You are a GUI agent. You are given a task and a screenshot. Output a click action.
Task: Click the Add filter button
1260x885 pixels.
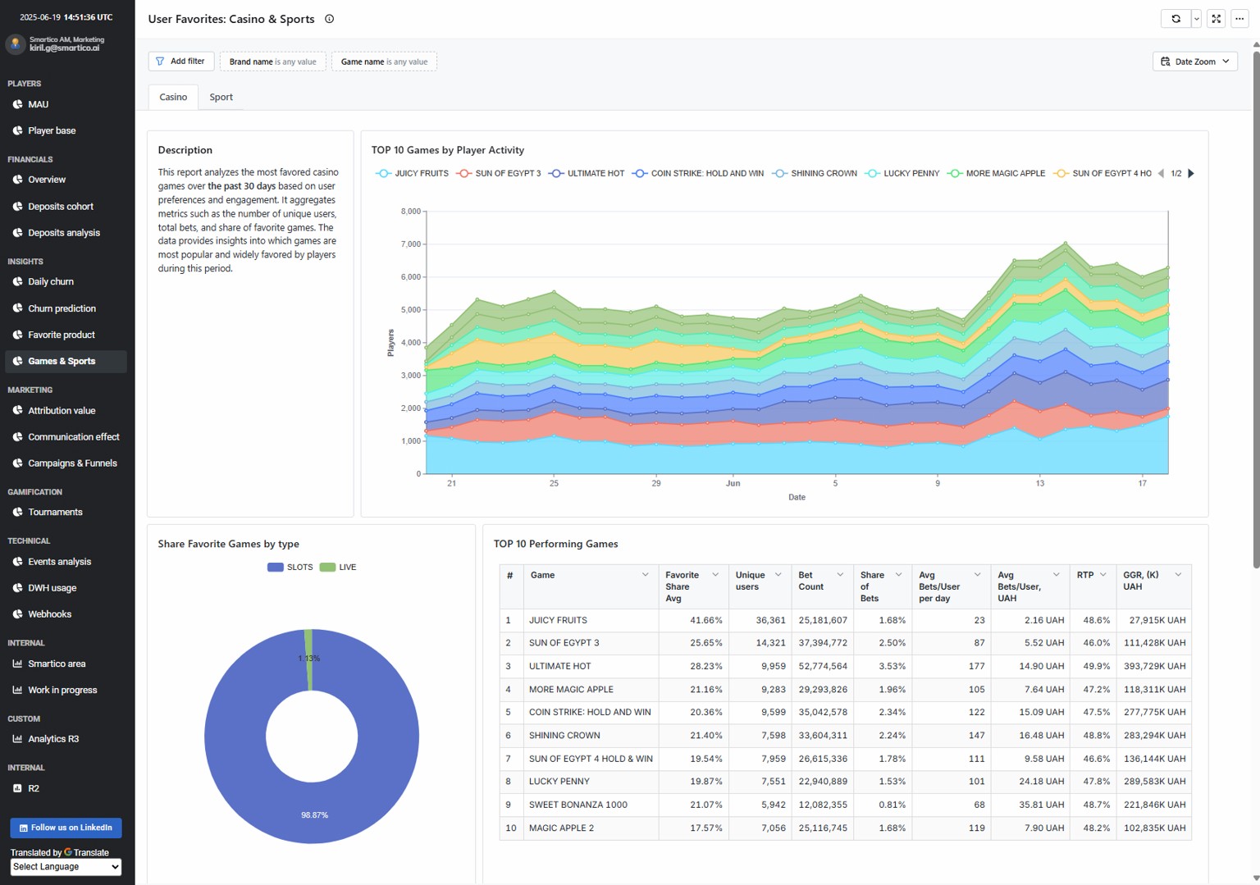(x=180, y=62)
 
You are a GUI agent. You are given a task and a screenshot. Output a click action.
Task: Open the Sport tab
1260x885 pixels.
(x=221, y=98)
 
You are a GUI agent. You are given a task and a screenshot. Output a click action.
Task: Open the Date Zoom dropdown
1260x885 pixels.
(x=1194, y=62)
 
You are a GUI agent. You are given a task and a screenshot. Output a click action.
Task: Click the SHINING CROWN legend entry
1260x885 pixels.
(x=815, y=173)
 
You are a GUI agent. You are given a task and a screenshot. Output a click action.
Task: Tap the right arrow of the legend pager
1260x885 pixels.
(x=1191, y=173)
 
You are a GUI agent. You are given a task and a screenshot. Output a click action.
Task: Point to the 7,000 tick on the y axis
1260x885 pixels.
(x=411, y=244)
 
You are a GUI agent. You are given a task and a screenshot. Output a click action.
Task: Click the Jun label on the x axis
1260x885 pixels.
(x=733, y=483)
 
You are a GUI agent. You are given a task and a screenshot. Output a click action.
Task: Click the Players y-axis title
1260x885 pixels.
(x=390, y=342)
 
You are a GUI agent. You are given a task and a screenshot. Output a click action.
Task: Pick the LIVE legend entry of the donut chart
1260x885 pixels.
(x=338, y=567)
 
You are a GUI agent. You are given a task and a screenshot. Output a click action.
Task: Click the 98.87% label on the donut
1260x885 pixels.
(x=314, y=814)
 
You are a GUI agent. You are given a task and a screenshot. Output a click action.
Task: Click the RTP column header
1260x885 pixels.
(x=1085, y=575)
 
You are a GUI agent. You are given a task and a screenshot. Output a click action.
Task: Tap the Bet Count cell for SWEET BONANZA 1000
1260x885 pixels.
(x=823, y=805)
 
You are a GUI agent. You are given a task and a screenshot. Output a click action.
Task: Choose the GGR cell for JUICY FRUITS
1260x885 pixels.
(x=1157, y=620)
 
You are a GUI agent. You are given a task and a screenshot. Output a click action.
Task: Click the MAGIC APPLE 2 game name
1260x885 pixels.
(x=561, y=828)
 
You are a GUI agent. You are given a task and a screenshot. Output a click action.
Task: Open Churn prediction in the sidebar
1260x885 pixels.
(x=62, y=308)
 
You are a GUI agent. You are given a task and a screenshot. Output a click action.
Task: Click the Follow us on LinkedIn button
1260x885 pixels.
(x=66, y=828)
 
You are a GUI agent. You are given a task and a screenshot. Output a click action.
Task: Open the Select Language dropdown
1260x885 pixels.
(x=66, y=866)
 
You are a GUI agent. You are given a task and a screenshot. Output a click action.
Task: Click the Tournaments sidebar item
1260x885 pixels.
(x=55, y=512)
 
